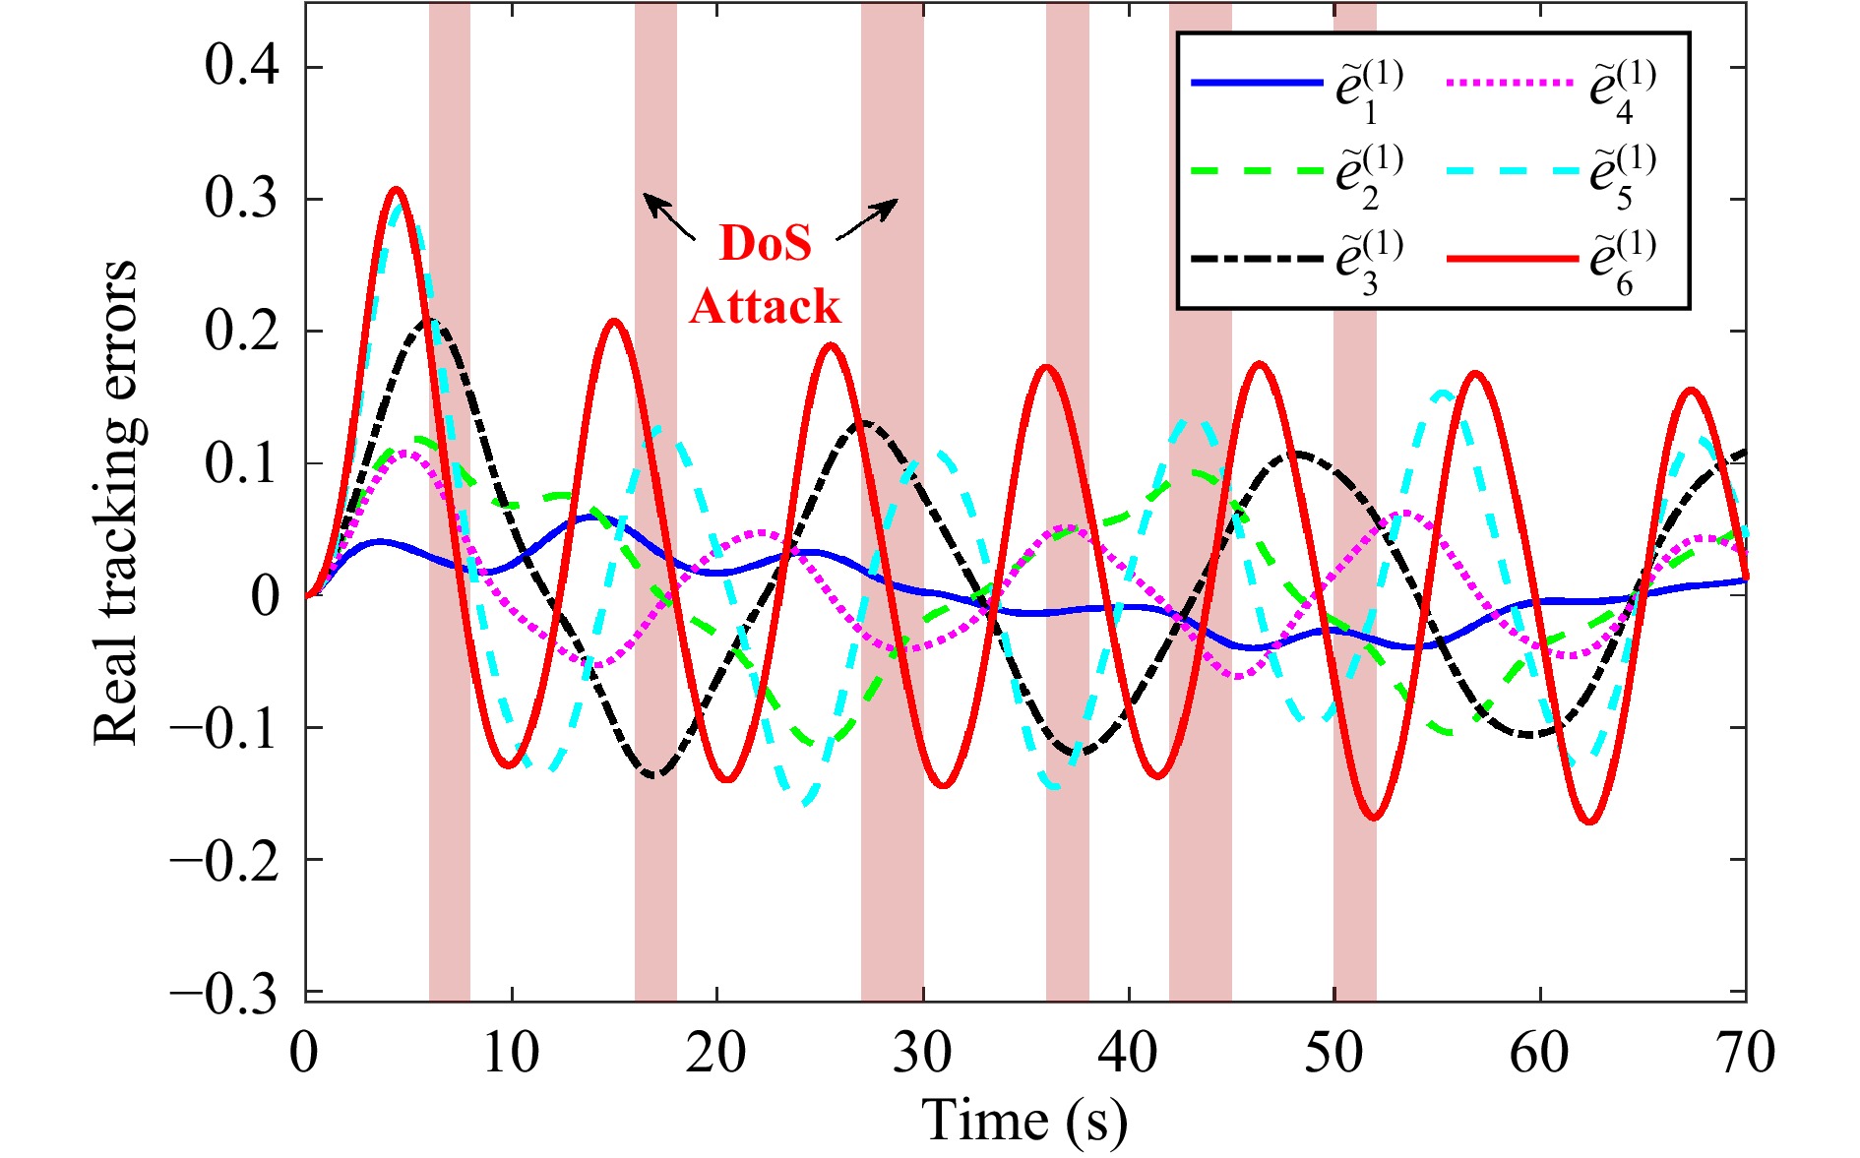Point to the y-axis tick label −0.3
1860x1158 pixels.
(x=223, y=994)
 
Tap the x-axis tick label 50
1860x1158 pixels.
(x=1333, y=1053)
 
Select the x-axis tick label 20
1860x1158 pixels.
(x=716, y=1053)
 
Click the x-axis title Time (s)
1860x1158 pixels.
(x=1023, y=1120)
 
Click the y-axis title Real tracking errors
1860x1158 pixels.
(x=116, y=502)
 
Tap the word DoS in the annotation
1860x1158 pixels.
(x=766, y=243)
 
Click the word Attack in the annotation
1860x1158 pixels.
(x=765, y=306)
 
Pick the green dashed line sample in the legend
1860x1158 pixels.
(x=1256, y=170)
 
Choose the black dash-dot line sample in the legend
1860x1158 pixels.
(x=1256, y=259)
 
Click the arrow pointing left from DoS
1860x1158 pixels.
(x=669, y=216)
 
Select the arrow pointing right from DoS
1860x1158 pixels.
(x=867, y=218)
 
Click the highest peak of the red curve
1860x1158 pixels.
(x=397, y=189)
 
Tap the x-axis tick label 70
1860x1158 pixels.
(x=1745, y=1053)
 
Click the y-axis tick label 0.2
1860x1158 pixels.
(x=241, y=332)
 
